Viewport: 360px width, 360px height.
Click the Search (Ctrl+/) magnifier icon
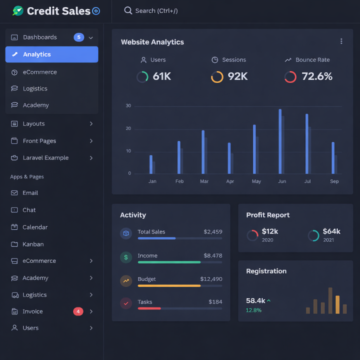pos(128,10)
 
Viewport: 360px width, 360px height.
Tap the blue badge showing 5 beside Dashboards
pos(78,37)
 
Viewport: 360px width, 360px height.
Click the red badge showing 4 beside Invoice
pos(78,311)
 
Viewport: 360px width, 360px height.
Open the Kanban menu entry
pos(33,244)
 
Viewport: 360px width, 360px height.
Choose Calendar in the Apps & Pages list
pos(35,227)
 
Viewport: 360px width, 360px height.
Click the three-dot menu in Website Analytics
pos(341,41)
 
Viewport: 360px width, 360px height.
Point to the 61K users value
pos(162,76)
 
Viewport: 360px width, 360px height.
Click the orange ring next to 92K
pos(217,77)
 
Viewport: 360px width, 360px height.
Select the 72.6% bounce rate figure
pos(317,76)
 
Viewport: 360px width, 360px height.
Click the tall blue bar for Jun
pos(280,141)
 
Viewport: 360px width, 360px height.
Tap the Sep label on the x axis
pos(334,181)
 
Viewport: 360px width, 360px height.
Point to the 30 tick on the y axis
pos(128,106)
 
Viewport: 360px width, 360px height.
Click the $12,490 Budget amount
pos(211,279)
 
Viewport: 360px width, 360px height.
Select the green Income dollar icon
pos(126,257)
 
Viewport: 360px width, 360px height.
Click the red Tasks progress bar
pos(149,308)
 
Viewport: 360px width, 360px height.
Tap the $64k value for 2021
pos(331,231)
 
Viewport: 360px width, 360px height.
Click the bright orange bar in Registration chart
pos(337,304)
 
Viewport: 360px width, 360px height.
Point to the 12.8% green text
pos(253,310)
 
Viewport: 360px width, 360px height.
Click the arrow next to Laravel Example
pos(91,158)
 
